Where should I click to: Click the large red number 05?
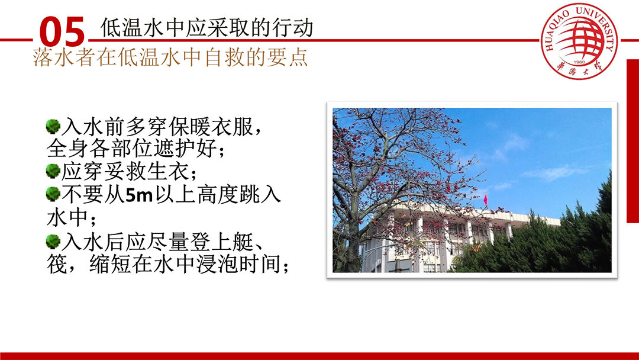(62, 31)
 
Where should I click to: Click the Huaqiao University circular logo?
(579, 41)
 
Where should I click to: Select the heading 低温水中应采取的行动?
(206, 27)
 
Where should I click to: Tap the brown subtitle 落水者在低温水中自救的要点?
(170, 57)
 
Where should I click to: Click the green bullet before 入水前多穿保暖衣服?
(53, 126)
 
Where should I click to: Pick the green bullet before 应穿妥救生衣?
(53, 171)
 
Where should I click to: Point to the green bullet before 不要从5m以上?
(53, 194)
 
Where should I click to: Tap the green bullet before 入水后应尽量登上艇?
(53, 242)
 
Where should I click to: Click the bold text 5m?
(139, 195)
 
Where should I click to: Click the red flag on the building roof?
(485, 200)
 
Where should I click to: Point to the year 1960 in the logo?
(579, 62)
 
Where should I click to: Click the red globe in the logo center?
(581, 38)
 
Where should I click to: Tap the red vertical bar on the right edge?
(632, 141)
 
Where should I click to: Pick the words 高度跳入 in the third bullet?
(239, 194)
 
